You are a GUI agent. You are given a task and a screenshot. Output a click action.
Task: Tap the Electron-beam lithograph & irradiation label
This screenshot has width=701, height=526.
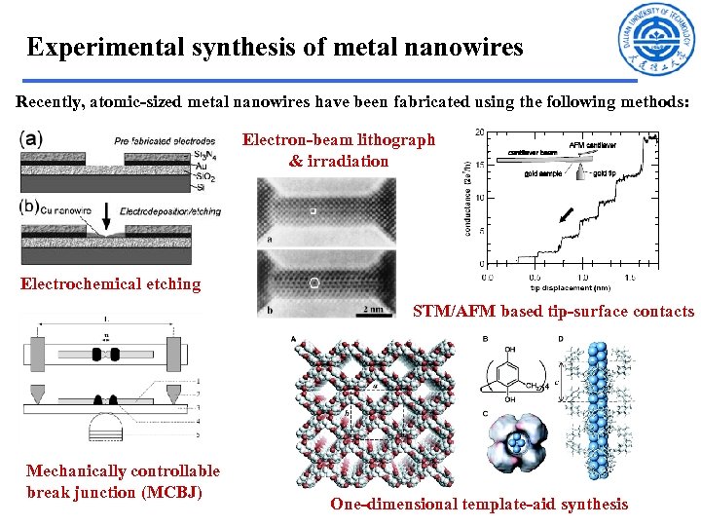[x=339, y=150]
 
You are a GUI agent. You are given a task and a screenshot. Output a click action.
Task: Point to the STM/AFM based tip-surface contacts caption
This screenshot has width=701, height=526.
[x=553, y=313]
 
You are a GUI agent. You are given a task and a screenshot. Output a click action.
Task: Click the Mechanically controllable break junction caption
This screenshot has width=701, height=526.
[x=123, y=481]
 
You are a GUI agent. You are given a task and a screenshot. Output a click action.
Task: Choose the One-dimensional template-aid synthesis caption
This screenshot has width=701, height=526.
[x=479, y=504]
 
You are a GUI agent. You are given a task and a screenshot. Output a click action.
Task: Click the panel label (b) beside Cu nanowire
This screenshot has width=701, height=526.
[x=29, y=207]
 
